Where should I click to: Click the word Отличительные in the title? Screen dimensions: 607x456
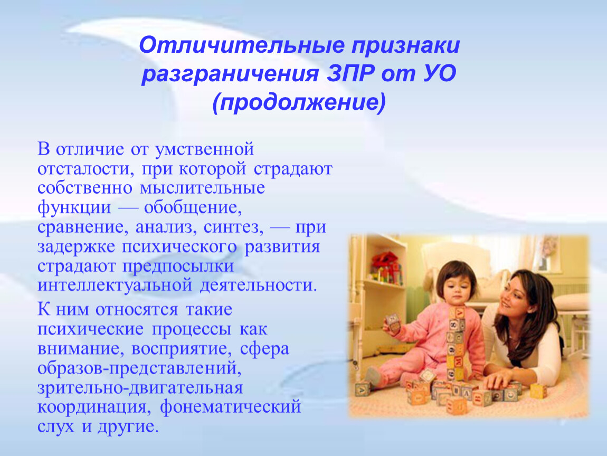242,45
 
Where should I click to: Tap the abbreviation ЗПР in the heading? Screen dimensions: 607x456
350,73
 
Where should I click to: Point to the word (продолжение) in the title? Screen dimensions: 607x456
299,102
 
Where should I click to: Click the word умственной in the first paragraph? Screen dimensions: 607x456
204,149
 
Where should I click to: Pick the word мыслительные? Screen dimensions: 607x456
203,188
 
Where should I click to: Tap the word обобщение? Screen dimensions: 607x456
193,208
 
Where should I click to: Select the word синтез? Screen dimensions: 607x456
234,227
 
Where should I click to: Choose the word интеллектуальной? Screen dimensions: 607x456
115,286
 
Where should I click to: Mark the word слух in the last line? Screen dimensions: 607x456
56,426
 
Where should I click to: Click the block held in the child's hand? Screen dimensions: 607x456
393,322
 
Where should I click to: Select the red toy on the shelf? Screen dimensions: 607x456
386,263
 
